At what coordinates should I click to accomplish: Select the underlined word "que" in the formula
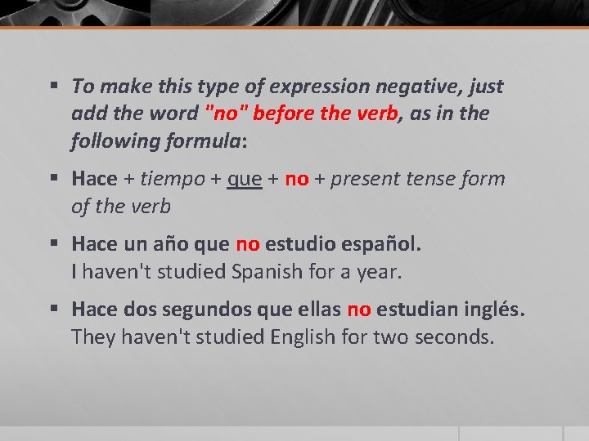245,179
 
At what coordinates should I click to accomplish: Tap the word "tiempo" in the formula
171,179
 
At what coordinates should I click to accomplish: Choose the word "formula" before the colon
201,140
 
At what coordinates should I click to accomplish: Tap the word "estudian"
416,310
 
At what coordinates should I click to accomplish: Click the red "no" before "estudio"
248,244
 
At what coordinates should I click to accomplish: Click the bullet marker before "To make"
54,86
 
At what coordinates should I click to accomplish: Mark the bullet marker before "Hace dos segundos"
54,310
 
